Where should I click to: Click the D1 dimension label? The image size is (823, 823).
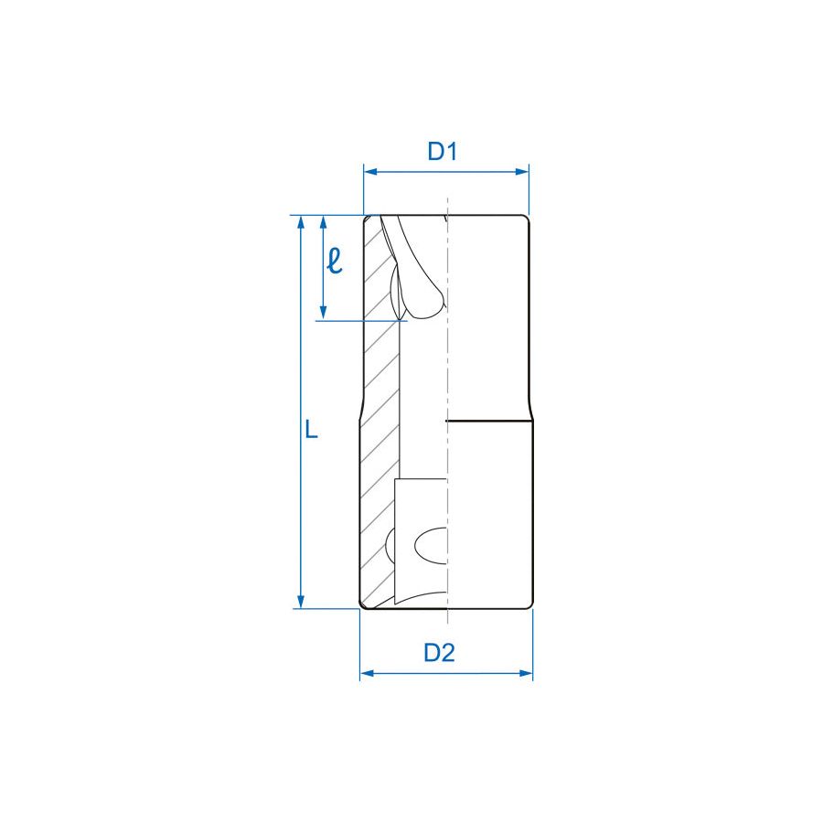(442, 152)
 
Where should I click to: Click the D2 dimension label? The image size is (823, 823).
(439, 653)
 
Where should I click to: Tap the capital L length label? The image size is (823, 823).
(312, 430)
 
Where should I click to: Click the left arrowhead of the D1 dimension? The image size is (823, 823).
(369, 171)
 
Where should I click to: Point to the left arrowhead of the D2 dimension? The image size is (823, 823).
(366, 674)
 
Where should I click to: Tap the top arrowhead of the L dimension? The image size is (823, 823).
(300, 222)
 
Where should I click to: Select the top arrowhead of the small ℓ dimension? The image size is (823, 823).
(323, 222)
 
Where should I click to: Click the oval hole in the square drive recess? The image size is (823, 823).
(431, 546)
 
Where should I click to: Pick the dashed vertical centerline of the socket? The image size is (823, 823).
(446, 366)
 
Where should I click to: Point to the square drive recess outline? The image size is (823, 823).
(396, 530)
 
